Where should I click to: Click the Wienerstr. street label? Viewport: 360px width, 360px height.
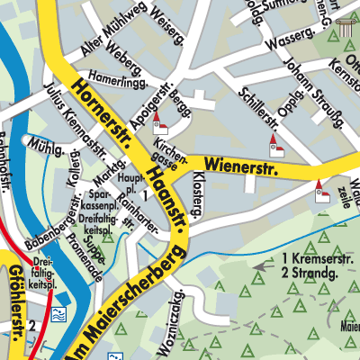pos(242,165)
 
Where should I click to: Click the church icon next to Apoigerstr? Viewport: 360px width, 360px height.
pos(159,122)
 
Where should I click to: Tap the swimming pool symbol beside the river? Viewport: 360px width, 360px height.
pos(58,315)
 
